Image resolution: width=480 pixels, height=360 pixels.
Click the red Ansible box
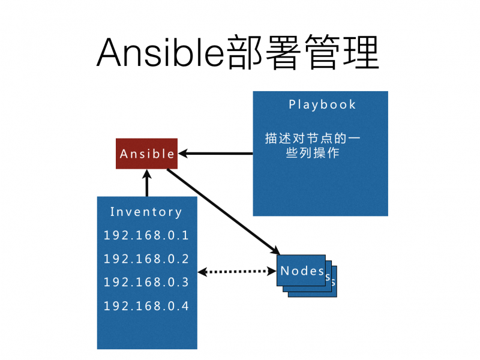(147, 154)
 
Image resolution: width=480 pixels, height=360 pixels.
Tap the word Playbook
(322, 104)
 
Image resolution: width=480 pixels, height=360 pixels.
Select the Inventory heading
(146, 212)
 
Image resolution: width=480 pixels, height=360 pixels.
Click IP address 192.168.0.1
(146, 235)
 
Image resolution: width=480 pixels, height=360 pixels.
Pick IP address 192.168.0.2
(146, 259)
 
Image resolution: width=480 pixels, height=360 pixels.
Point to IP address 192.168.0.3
(146, 282)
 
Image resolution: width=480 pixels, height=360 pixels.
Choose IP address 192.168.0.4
(146, 306)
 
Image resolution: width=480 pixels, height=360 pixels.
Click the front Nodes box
(301, 271)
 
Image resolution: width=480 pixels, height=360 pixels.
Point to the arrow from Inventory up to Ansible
(147, 183)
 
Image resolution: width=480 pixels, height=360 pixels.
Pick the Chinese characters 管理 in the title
(343, 52)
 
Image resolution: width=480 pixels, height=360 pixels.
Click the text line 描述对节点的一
(313, 138)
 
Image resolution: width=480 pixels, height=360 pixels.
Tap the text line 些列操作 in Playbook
(313, 153)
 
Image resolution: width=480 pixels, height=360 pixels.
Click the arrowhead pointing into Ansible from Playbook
(184, 154)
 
